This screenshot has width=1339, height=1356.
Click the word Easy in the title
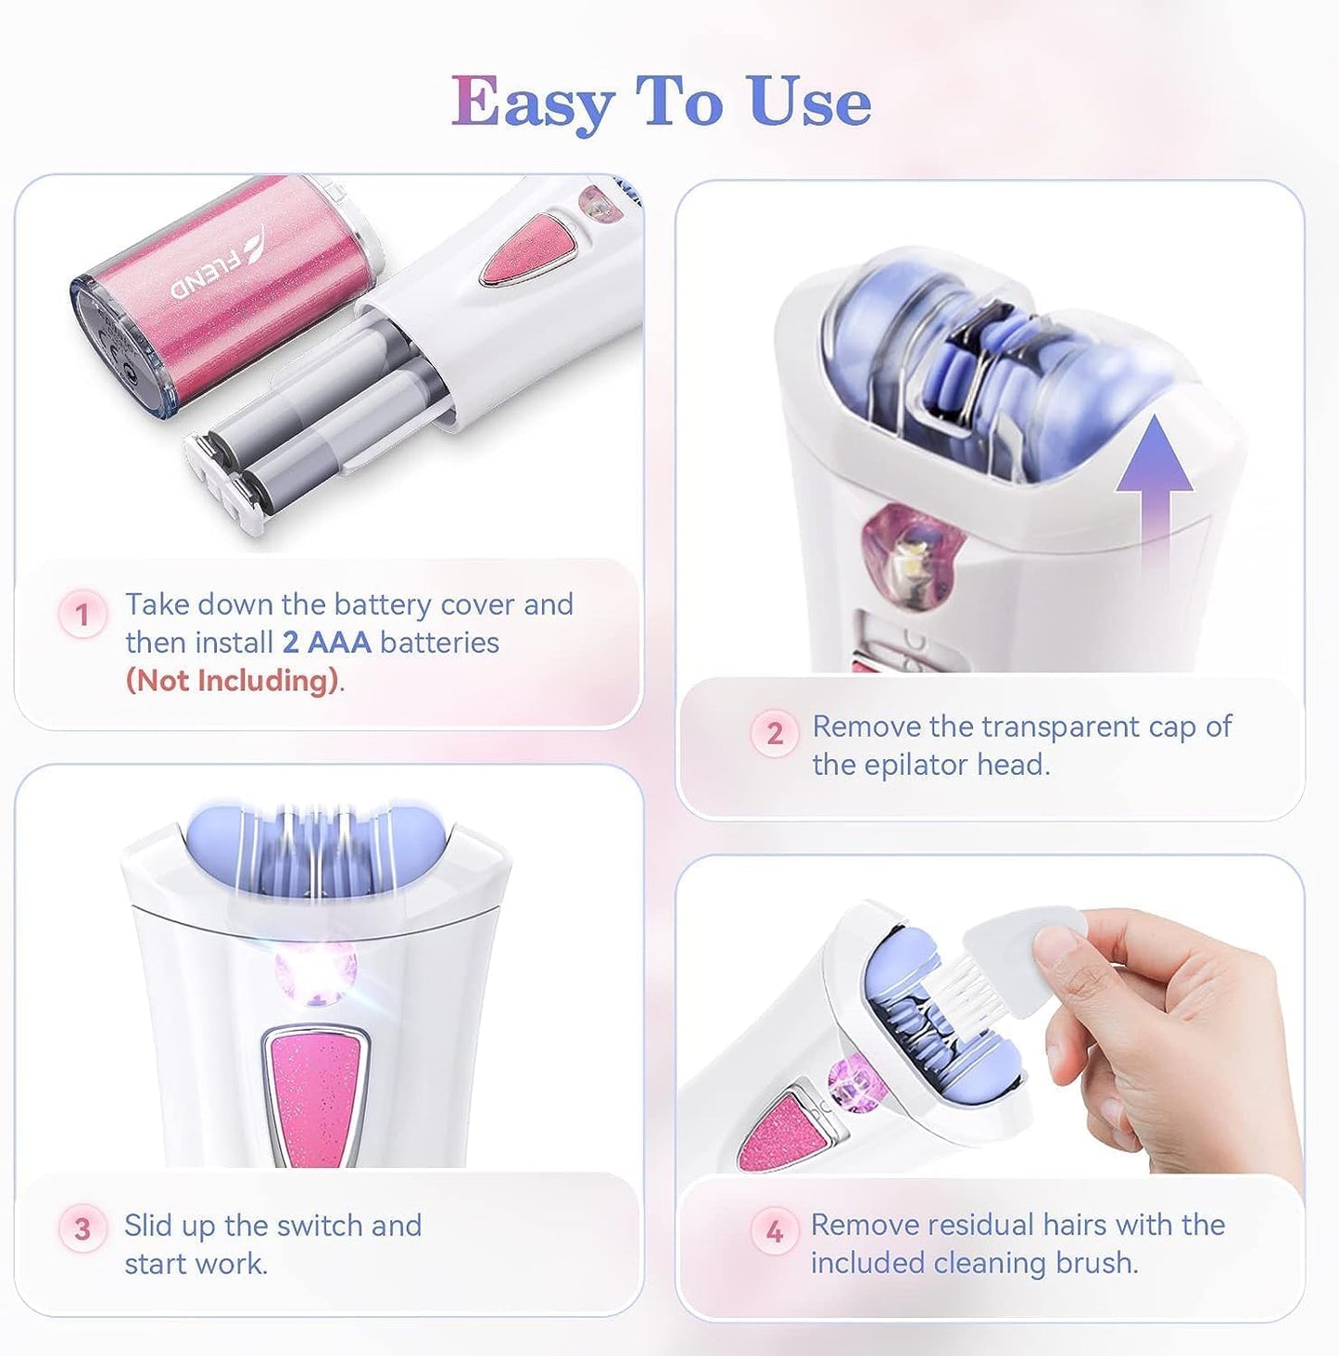[x=532, y=103]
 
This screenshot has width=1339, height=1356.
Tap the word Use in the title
[x=810, y=101]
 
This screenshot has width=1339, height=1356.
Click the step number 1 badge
[x=82, y=615]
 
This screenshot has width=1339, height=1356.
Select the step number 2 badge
[x=775, y=734]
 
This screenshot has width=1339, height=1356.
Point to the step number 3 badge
[x=82, y=1229]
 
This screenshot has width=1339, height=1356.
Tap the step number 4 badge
[x=775, y=1231]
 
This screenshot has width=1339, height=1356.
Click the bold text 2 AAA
[x=326, y=642]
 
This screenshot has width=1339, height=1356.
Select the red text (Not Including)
[x=232, y=681]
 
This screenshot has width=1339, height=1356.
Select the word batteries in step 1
[x=439, y=642]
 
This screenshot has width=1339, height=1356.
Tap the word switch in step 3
[x=320, y=1225]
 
